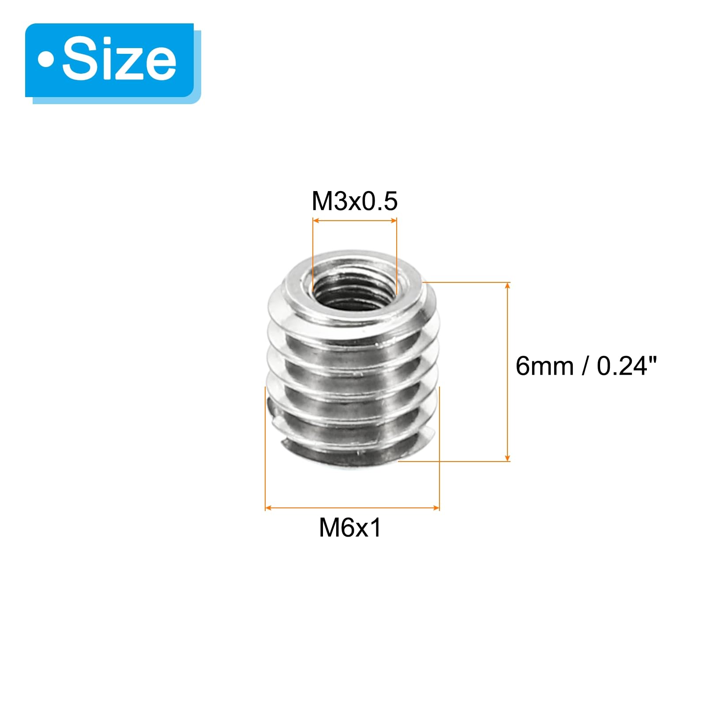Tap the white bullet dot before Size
click(46, 60)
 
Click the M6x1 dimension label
click(350, 527)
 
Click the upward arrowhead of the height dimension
click(507, 286)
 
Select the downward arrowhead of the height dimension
click(507, 457)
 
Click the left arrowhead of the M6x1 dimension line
click(268, 508)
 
